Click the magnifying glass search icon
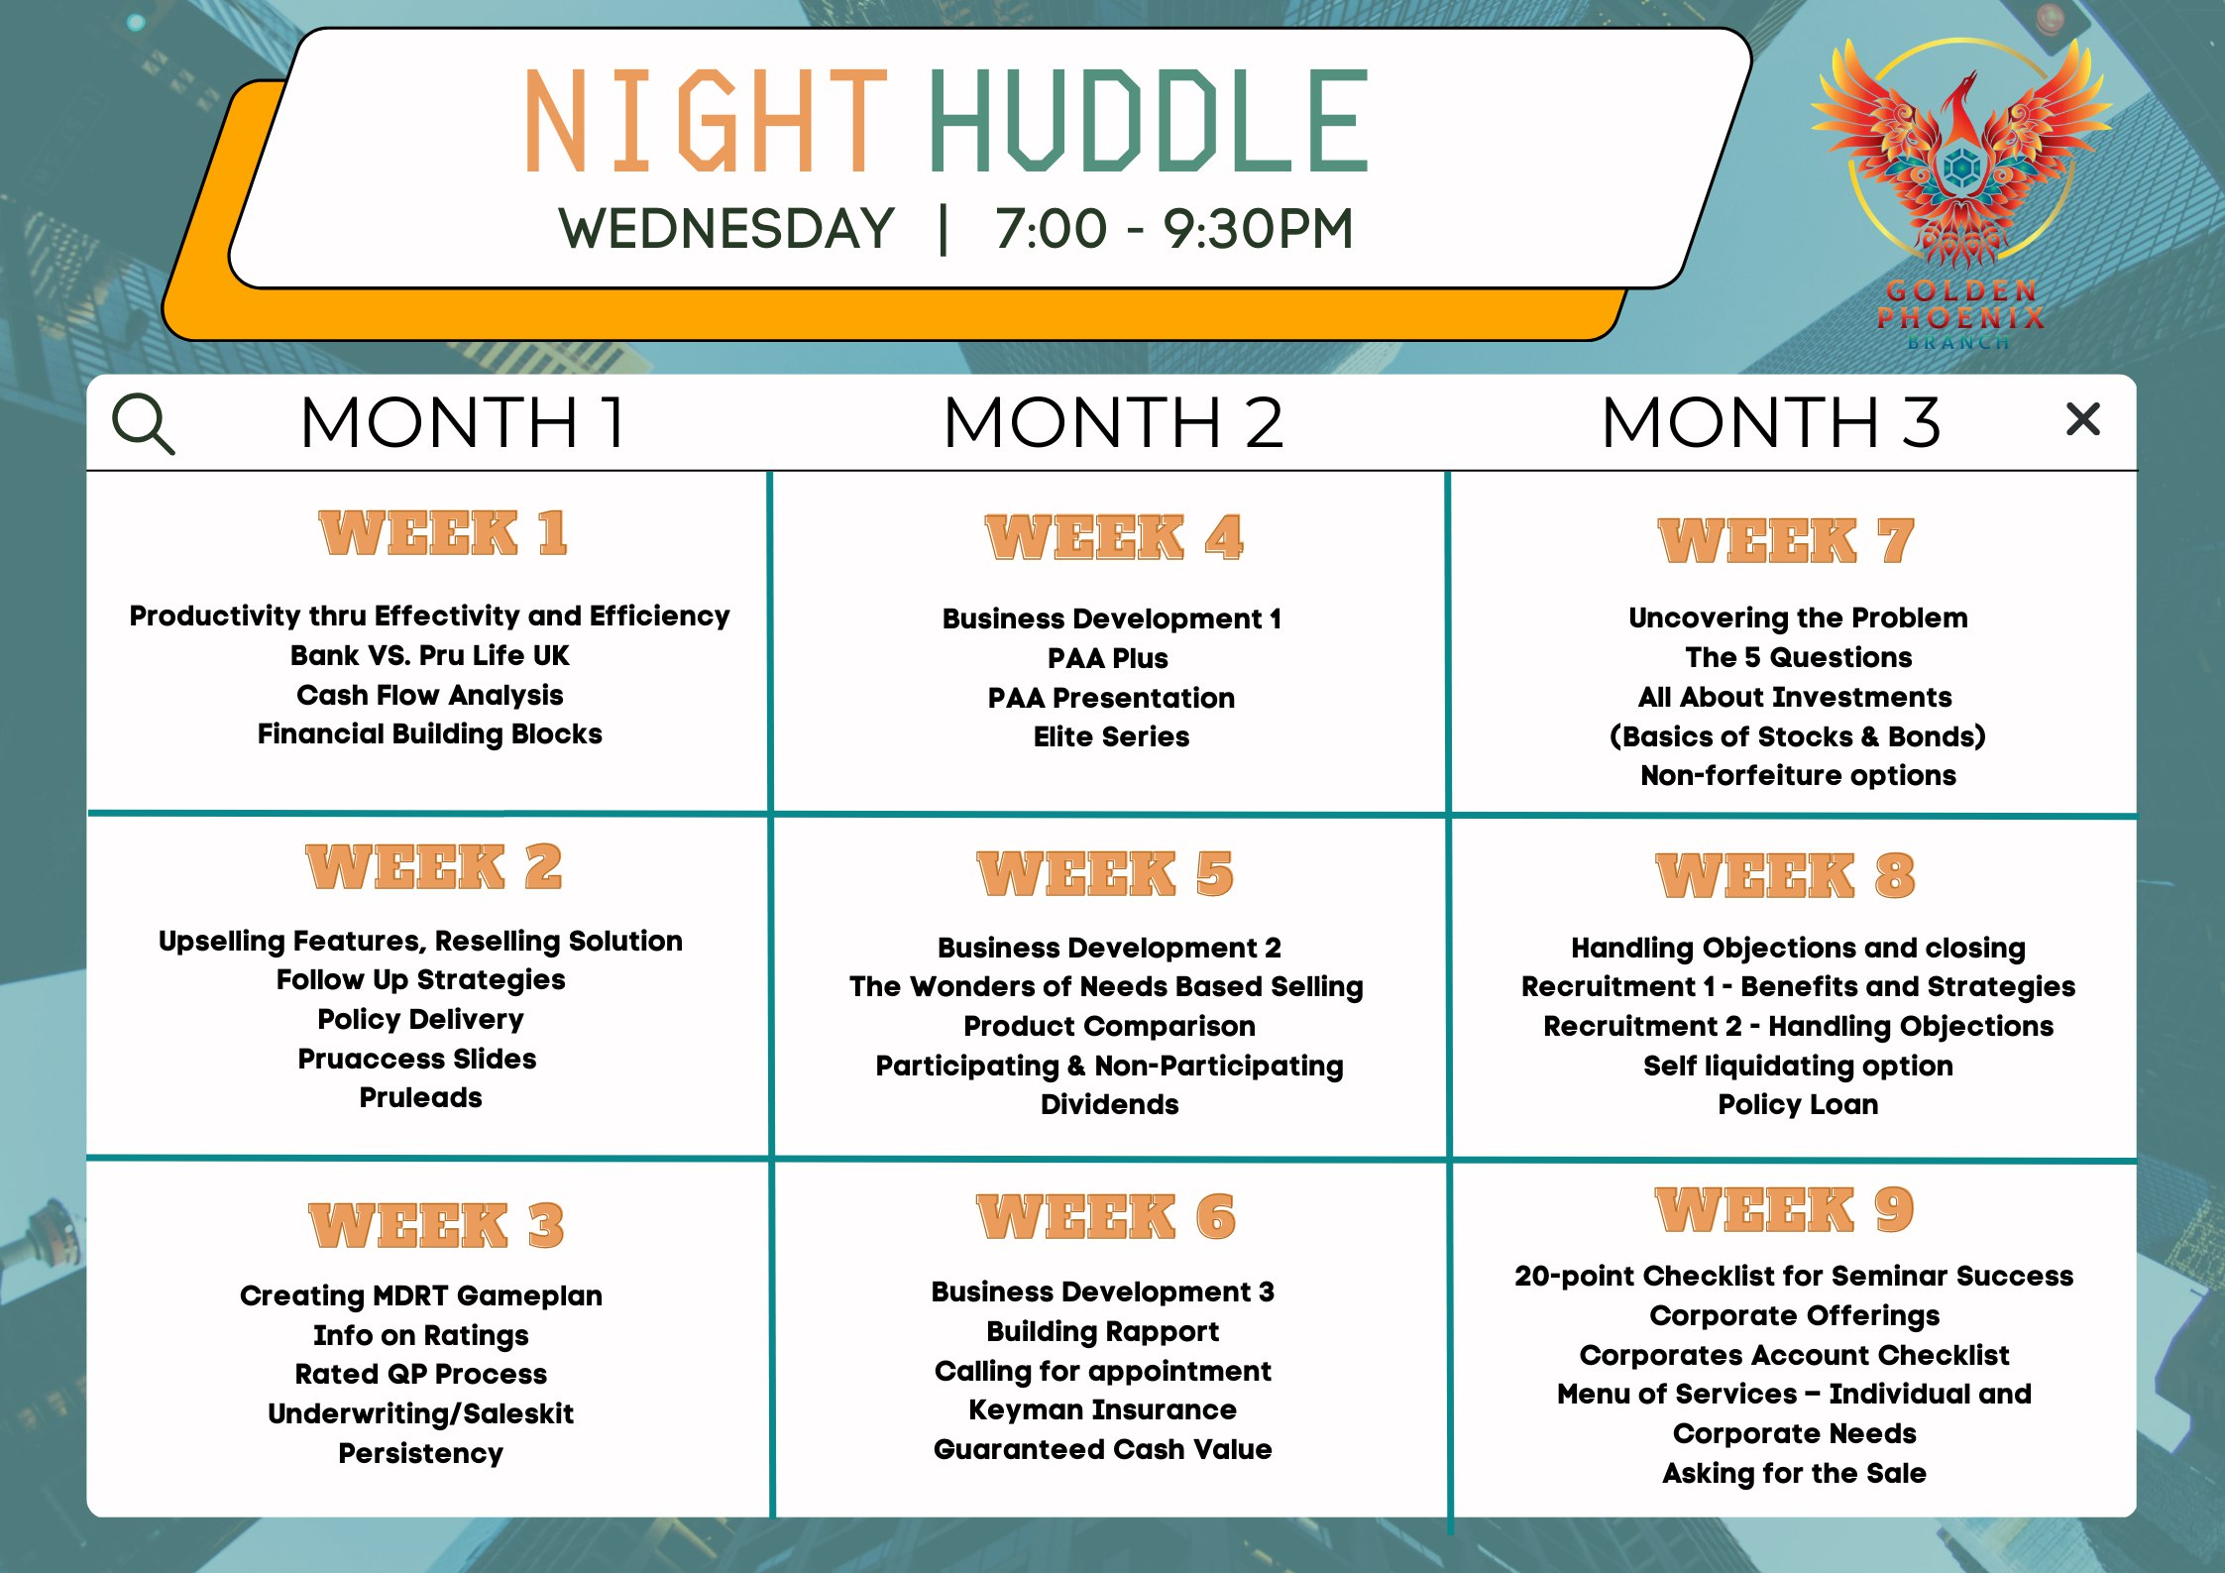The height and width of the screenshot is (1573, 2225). point(144,423)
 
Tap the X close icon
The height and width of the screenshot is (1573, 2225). point(2083,419)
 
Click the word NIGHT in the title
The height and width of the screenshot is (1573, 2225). point(706,121)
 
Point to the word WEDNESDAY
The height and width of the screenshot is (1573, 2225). point(727,229)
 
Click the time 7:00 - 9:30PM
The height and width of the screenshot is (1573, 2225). point(1174,229)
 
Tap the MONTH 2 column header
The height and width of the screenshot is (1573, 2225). point(1113,422)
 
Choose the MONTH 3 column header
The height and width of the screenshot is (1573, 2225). point(1770,422)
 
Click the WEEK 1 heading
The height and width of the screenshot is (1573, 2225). point(443,533)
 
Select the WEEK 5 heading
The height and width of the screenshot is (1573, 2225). point(1105,874)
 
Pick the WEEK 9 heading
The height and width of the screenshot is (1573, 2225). point(1785,1210)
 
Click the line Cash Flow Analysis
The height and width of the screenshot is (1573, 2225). point(430,695)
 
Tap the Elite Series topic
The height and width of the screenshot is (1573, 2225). point(1111,736)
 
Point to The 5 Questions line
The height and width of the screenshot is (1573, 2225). point(1798,657)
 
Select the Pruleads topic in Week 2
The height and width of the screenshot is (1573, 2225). point(420,1097)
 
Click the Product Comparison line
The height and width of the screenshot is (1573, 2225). point(1109,1026)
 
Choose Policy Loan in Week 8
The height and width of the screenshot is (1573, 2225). point(1798,1104)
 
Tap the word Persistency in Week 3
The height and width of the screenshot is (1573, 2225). point(420,1453)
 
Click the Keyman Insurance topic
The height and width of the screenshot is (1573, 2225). point(1102,1409)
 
